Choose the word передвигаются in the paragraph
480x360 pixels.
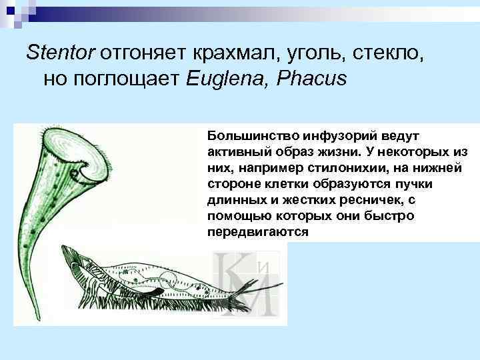point(258,233)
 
